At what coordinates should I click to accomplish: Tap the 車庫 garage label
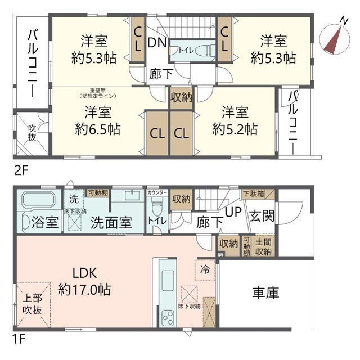265,293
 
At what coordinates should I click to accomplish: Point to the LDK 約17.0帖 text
84,282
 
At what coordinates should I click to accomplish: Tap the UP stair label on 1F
233,212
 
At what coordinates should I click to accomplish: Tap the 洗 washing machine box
74,199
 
